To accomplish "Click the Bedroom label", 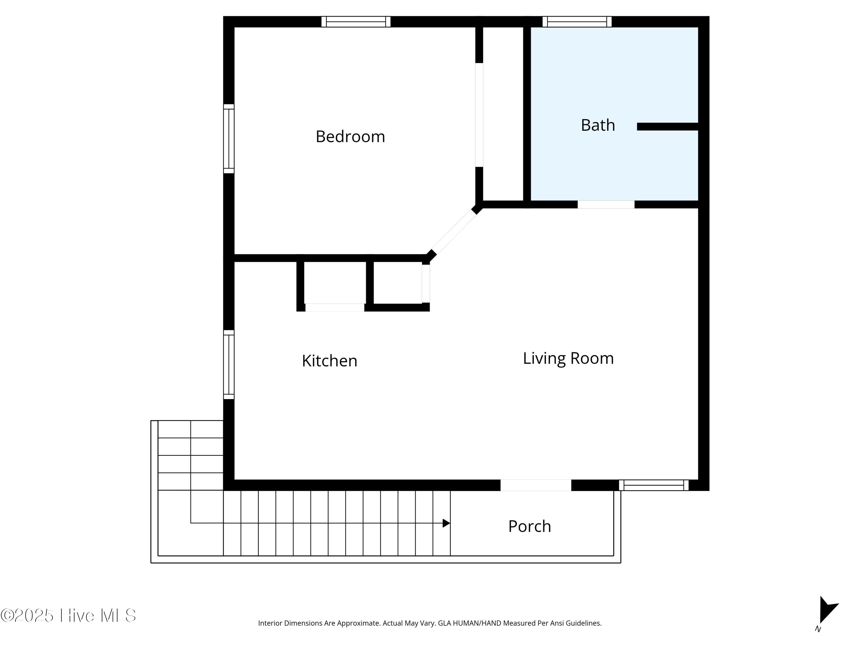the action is click(350, 136).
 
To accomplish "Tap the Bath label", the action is click(598, 125).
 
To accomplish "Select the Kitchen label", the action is click(329, 361).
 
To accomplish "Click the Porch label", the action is click(529, 526).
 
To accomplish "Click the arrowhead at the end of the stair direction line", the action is click(446, 523).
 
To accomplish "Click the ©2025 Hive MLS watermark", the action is click(69, 615).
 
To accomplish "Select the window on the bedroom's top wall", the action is click(356, 22).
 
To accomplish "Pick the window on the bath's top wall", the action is click(577, 22).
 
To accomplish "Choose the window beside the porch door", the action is click(654, 485).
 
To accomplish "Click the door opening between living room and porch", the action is click(536, 485).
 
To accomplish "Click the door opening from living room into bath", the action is click(606, 204).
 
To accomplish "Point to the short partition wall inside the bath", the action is click(668, 126).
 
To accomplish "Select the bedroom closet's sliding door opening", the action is click(479, 115).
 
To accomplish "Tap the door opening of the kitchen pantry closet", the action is click(335, 308).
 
